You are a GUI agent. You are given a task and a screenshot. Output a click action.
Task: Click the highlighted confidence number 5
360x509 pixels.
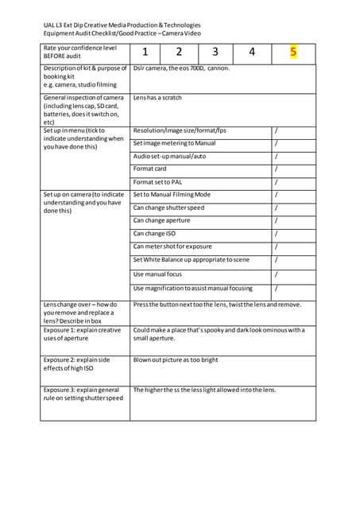[x=293, y=52]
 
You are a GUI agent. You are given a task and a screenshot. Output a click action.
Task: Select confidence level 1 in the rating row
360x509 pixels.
[x=145, y=52]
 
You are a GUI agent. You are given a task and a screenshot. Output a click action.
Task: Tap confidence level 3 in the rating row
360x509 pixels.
[x=215, y=52]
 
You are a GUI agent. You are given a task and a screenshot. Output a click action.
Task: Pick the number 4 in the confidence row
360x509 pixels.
[x=252, y=52]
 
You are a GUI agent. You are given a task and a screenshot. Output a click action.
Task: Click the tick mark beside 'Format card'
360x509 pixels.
[x=276, y=169]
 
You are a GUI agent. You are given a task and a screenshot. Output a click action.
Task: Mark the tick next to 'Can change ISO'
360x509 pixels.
[x=276, y=234]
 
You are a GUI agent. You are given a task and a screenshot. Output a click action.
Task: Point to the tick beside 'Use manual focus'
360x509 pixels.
[x=276, y=274]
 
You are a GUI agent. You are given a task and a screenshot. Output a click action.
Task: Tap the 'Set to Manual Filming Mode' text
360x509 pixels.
[x=172, y=195]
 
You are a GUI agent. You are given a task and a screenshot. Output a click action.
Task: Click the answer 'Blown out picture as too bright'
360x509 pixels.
[x=176, y=359]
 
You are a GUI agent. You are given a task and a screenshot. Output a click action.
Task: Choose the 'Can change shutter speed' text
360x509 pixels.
[x=168, y=208]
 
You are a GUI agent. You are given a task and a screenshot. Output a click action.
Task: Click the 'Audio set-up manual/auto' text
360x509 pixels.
[x=169, y=156]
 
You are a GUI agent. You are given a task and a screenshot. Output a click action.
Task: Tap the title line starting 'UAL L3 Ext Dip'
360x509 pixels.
[x=122, y=25]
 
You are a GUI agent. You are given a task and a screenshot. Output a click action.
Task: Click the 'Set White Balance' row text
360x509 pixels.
[x=191, y=260]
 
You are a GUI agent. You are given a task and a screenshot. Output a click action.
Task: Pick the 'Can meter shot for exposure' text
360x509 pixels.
[x=172, y=247]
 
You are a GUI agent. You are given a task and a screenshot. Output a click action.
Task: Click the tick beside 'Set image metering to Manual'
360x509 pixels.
[x=276, y=143]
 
